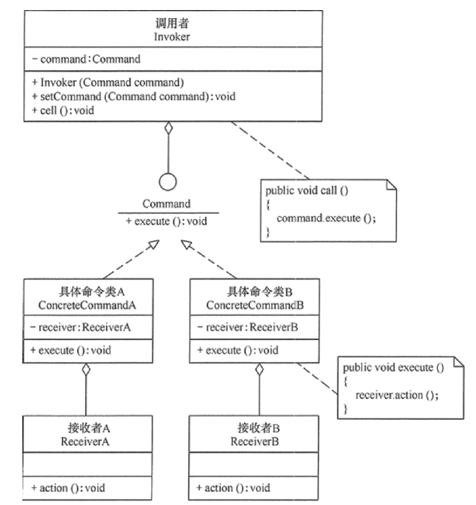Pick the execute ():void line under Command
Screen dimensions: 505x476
(167, 221)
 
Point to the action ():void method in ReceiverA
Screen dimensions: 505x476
(69, 488)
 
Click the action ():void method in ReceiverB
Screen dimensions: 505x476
(234, 488)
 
